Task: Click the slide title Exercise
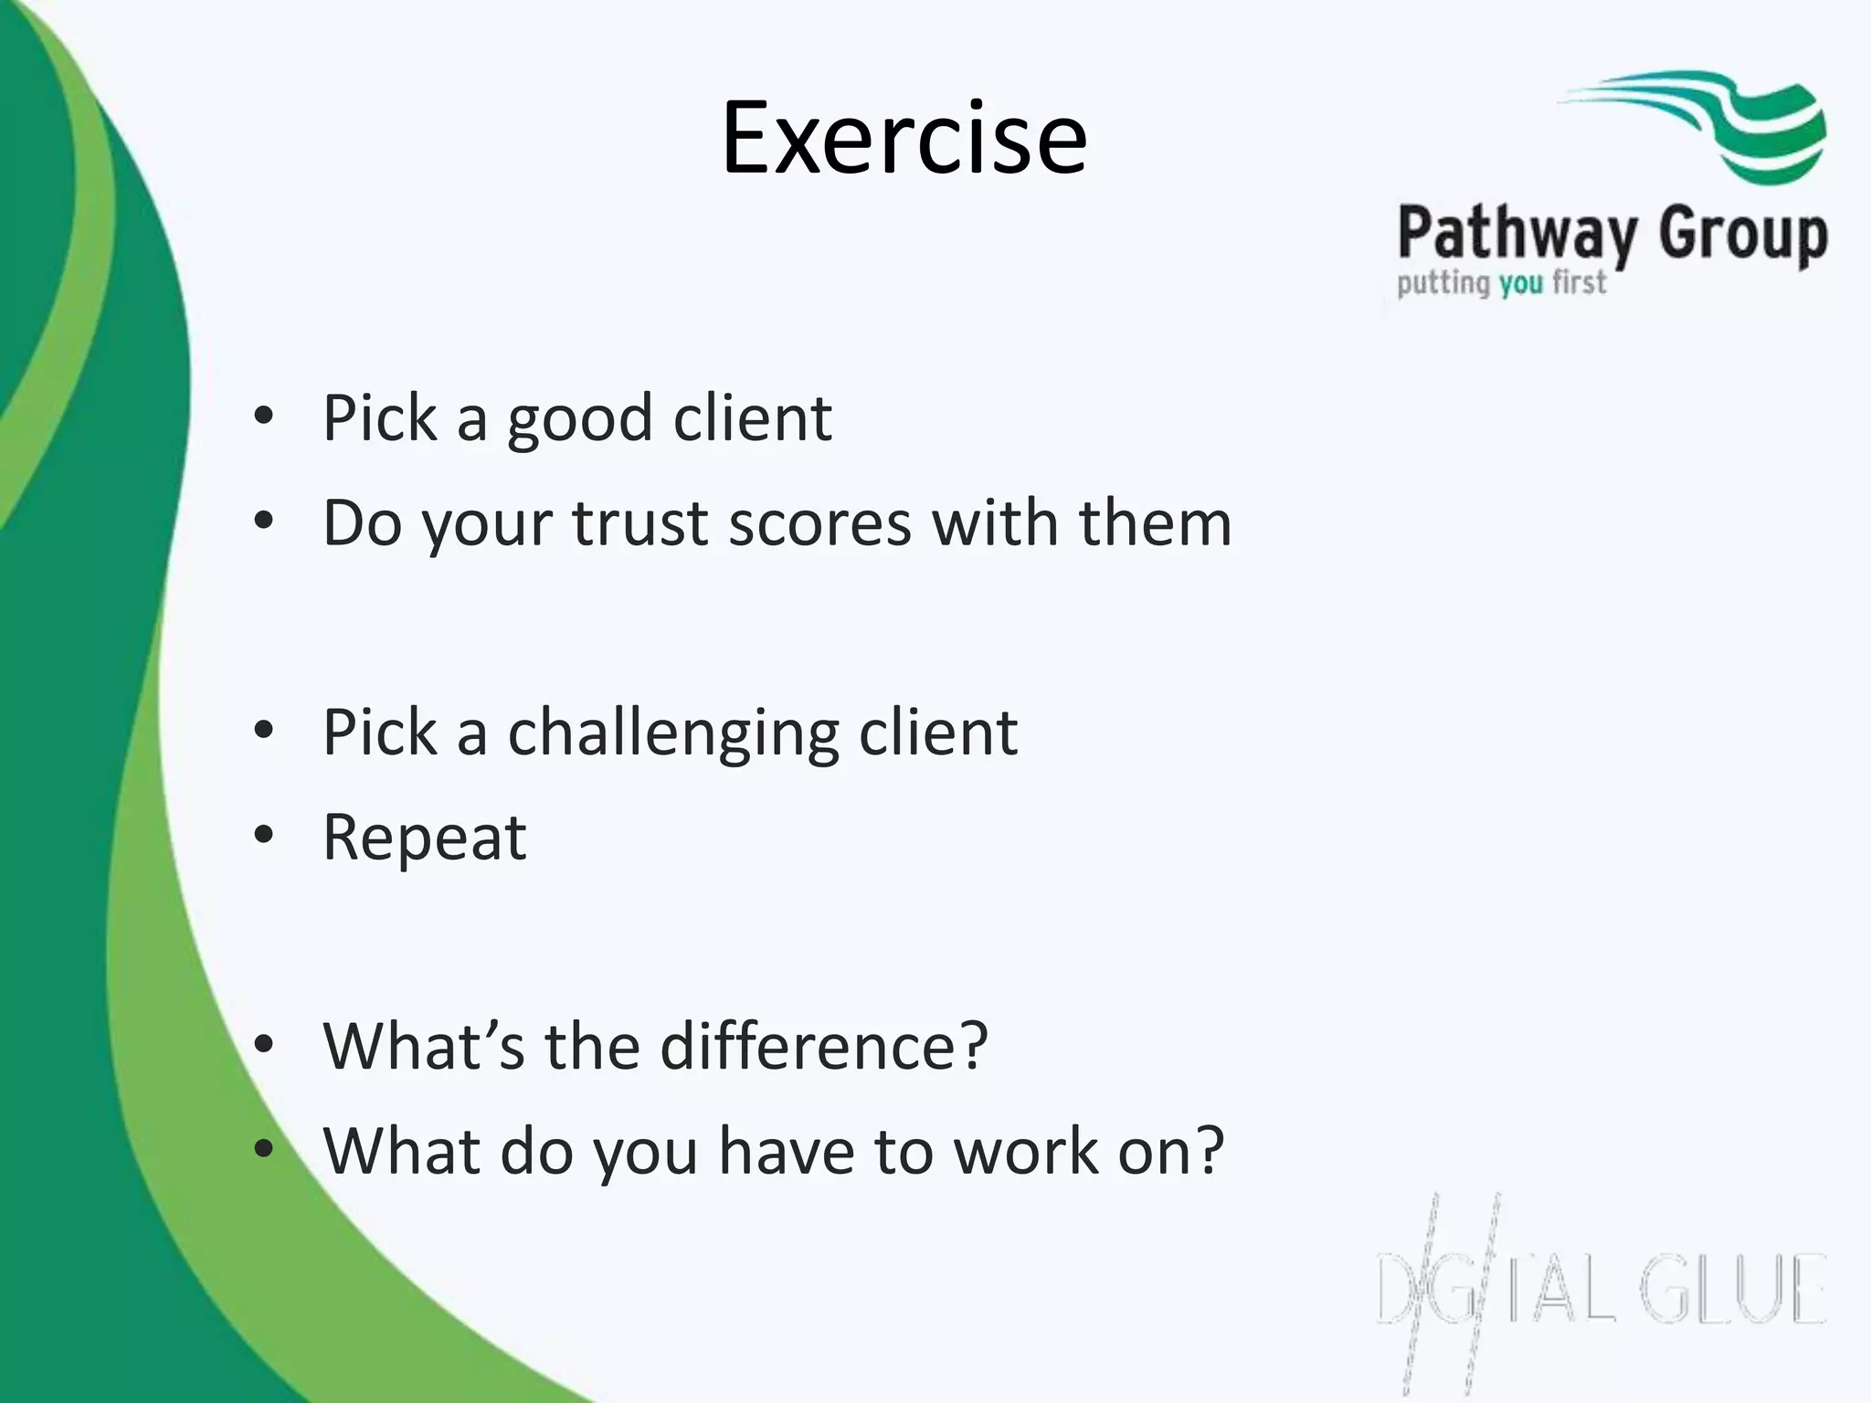click(x=904, y=139)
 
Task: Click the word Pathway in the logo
click(x=1517, y=236)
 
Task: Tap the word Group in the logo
click(x=1743, y=236)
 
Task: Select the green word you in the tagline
click(x=1521, y=284)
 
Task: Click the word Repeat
click(x=425, y=838)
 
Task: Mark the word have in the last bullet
click(x=785, y=1151)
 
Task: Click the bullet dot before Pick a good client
click(x=264, y=417)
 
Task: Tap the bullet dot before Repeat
click(x=264, y=835)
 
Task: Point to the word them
click(x=1155, y=523)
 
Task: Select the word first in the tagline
click(x=1579, y=282)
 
